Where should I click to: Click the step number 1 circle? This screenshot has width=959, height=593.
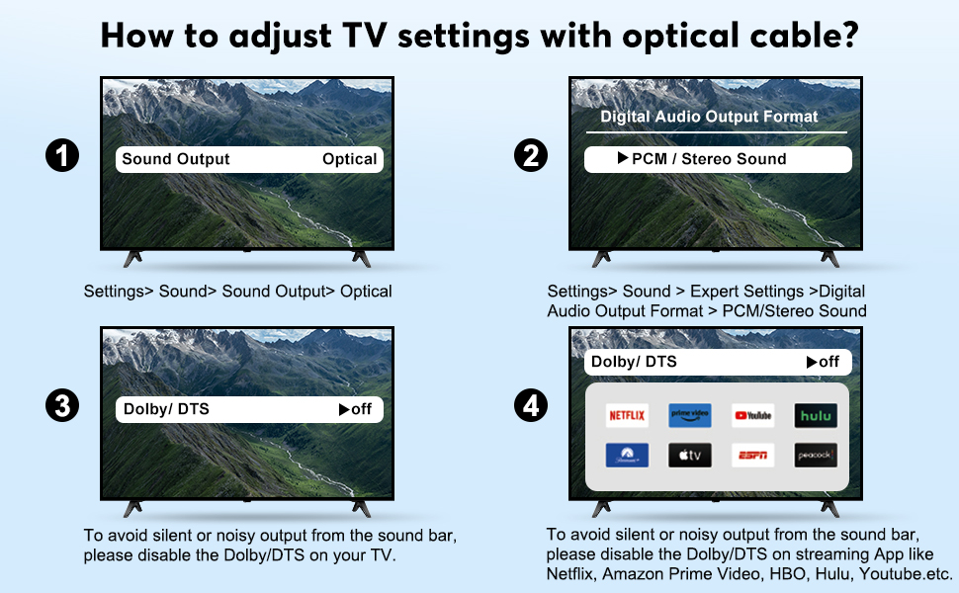click(x=62, y=156)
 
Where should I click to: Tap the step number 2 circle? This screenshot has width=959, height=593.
click(x=532, y=156)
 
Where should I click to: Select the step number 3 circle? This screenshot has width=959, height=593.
click(x=62, y=407)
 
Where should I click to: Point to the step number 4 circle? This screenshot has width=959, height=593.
click(x=532, y=407)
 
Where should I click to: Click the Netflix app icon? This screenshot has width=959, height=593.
click(x=626, y=416)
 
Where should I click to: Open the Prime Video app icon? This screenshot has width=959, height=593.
click(x=689, y=416)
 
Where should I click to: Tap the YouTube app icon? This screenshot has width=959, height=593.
click(x=752, y=416)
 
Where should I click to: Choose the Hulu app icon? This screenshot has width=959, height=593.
click(x=816, y=416)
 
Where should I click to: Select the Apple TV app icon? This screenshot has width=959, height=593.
click(x=689, y=456)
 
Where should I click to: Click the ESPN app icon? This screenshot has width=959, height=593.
click(x=752, y=456)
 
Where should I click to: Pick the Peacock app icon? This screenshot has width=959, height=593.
click(x=816, y=456)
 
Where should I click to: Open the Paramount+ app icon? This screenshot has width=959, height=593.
click(x=626, y=456)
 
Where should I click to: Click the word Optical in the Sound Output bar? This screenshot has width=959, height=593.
click(x=349, y=159)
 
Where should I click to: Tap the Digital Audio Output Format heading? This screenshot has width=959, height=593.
click(x=709, y=117)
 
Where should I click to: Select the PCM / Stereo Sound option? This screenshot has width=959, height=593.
click(x=708, y=159)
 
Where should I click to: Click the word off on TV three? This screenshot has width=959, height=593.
click(x=356, y=409)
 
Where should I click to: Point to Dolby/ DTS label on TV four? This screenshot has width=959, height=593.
click(x=634, y=362)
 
